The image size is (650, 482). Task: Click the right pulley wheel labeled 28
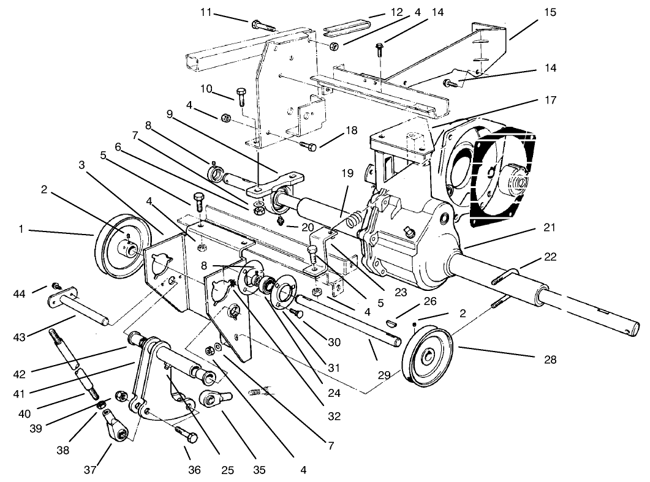[428, 357]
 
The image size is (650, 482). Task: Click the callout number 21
[549, 228]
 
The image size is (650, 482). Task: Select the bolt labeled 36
[187, 436]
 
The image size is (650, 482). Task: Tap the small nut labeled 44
[55, 286]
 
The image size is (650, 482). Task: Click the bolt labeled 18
[309, 145]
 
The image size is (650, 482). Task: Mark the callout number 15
[550, 12]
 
